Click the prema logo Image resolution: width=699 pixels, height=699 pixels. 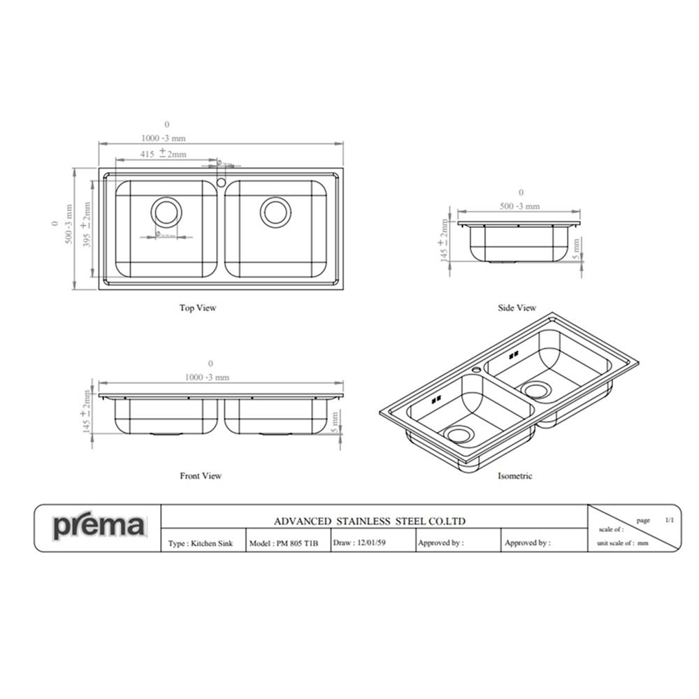click(99, 526)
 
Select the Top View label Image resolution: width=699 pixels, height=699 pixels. click(198, 308)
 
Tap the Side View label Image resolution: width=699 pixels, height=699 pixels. click(517, 308)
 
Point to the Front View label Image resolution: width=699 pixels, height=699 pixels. click(201, 476)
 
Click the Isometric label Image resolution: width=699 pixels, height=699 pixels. click(514, 476)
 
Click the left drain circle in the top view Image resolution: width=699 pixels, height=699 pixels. click(166, 212)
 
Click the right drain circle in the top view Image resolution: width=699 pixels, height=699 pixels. click(275, 212)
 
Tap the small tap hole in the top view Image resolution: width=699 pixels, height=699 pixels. click(221, 182)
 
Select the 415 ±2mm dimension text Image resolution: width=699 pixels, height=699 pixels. click(163, 152)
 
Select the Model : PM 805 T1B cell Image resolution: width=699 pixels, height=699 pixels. click(283, 543)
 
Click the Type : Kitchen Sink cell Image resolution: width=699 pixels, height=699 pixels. click(201, 543)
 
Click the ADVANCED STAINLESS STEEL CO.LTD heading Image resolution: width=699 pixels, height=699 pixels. click(369, 521)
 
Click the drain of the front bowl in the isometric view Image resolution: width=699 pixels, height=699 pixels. click(460, 435)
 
